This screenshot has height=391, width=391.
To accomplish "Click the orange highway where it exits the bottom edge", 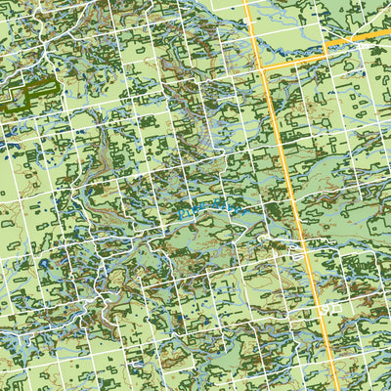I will tap(335, 387).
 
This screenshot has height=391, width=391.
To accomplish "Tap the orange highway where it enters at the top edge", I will tap(253, 3).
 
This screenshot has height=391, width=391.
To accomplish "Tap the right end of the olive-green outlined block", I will tap(57, 86).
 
